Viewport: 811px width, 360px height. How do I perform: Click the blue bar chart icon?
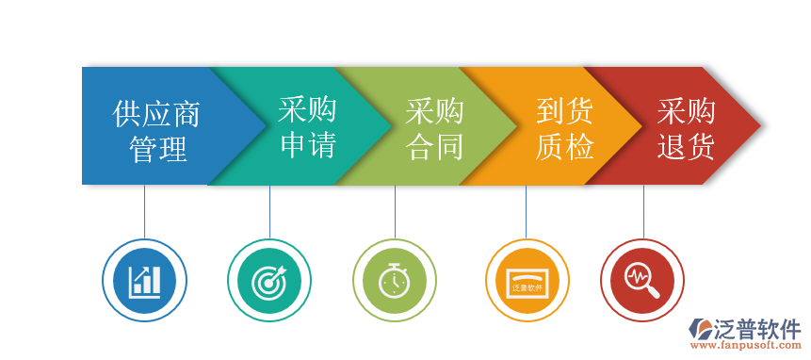144,280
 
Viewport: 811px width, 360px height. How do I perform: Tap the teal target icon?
269,280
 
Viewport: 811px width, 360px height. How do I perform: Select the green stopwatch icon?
395,280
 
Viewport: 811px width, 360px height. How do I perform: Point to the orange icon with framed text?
527,280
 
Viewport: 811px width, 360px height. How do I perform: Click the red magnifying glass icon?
642,280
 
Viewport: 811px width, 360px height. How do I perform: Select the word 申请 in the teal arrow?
308,145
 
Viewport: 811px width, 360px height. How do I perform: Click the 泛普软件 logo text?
759,329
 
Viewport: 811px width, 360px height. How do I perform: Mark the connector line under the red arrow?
643,211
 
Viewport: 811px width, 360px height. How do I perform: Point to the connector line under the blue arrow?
144,211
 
